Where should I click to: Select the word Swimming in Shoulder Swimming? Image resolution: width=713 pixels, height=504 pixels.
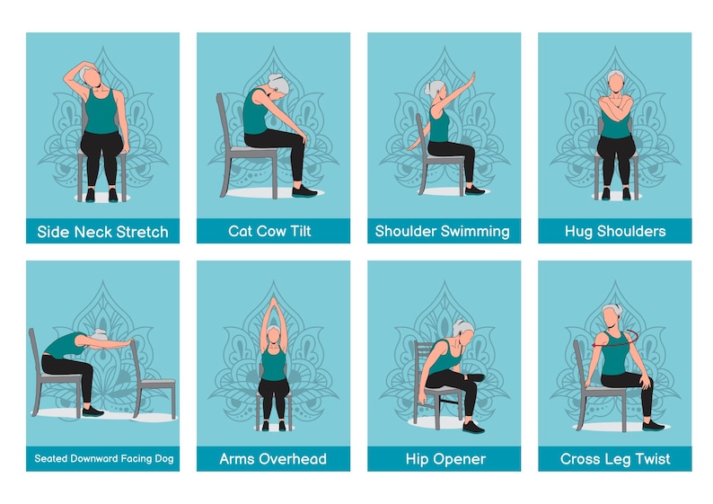[x=474, y=232]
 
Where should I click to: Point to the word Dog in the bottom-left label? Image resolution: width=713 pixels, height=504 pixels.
[x=162, y=459]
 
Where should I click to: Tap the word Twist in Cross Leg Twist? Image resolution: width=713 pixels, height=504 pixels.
[x=651, y=459]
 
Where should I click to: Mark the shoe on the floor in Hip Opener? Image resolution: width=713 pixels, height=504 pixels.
[x=473, y=427]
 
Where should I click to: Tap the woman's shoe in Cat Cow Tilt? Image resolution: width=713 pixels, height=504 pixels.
[x=304, y=190]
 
